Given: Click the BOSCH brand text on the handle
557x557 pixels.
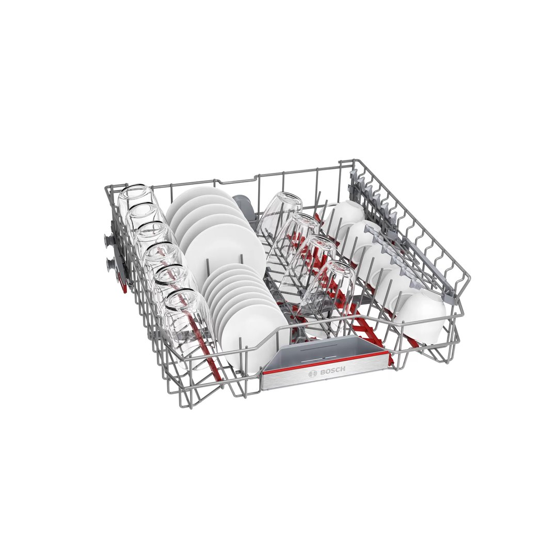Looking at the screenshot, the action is pos(332,371).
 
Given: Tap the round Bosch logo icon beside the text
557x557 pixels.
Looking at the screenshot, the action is pos(313,373).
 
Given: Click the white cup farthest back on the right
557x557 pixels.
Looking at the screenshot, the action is pos(343,217).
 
